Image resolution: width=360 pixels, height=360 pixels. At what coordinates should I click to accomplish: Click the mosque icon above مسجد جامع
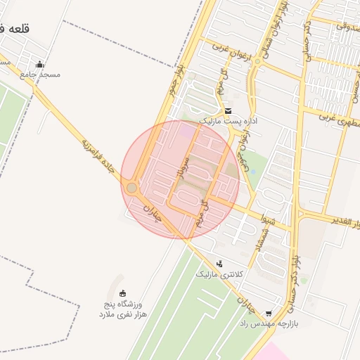point(39,65)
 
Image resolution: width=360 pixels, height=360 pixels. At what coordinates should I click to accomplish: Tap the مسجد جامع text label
point(40,75)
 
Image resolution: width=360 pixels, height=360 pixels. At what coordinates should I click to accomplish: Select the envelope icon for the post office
point(228,111)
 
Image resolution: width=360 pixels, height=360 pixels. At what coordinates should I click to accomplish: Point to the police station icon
point(220,264)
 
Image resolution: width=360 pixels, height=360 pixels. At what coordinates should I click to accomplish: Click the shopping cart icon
point(269,314)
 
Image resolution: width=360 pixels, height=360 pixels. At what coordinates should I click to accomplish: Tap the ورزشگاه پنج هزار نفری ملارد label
point(121,309)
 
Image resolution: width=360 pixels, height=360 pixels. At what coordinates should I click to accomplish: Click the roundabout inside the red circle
point(131,188)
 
